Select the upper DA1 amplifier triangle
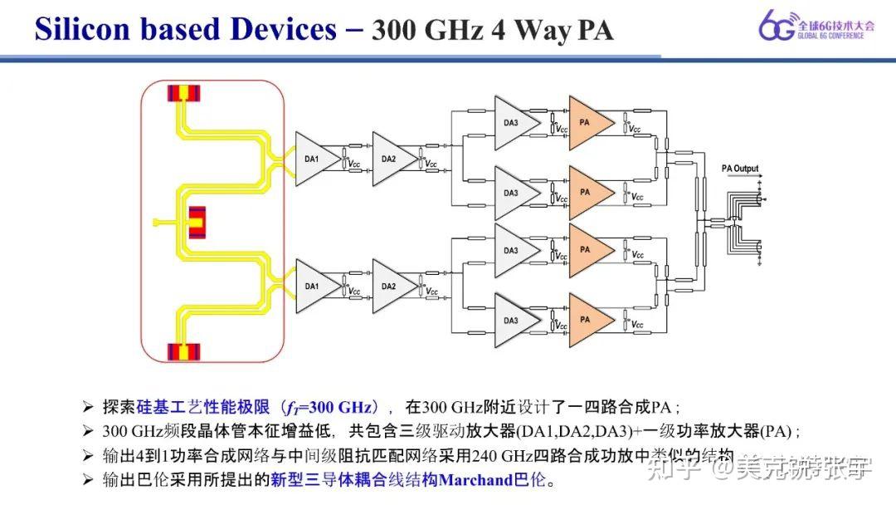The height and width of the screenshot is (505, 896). click(x=316, y=159)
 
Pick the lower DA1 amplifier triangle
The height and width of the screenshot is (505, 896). click(x=316, y=286)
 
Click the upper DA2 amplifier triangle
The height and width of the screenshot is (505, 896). click(x=392, y=159)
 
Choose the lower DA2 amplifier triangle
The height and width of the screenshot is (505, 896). click(x=392, y=286)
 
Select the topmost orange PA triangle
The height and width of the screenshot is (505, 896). click(x=588, y=123)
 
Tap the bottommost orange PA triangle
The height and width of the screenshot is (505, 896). click(x=588, y=320)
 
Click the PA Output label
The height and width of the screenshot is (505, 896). click(x=739, y=169)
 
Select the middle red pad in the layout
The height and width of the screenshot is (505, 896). click(x=197, y=222)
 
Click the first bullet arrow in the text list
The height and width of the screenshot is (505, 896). click(x=88, y=407)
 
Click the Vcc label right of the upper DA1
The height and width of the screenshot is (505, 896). click(x=355, y=164)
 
